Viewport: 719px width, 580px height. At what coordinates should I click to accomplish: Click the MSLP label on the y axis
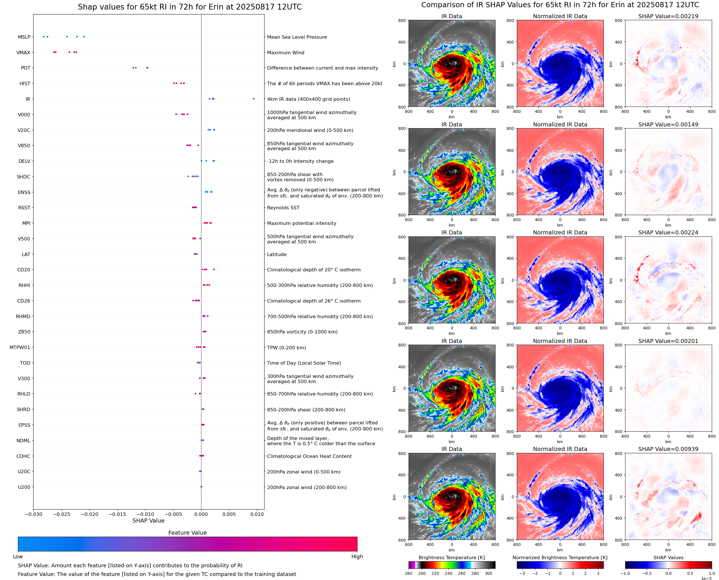pyautogui.click(x=24, y=37)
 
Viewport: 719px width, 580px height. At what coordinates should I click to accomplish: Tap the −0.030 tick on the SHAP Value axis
pyautogui.click(x=33, y=514)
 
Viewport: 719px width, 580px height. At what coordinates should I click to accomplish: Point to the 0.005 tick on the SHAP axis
pyautogui.click(x=229, y=514)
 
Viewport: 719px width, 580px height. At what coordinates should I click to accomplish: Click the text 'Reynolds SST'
pyautogui.click(x=283, y=208)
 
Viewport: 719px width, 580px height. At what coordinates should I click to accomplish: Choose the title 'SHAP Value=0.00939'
pyautogui.click(x=668, y=449)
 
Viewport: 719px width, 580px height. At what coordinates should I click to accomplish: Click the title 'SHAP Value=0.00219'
pyautogui.click(x=668, y=16)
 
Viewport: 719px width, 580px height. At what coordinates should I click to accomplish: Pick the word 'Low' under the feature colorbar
pyautogui.click(x=18, y=556)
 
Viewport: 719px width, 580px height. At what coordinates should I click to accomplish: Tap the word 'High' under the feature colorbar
pyautogui.click(x=357, y=556)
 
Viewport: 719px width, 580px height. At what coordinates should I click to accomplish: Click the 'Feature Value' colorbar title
pyautogui.click(x=187, y=533)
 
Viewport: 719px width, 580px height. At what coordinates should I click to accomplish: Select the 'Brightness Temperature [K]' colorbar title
pyautogui.click(x=451, y=557)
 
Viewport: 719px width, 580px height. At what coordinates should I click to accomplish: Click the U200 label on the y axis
pyautogui.click(x=24, y=487)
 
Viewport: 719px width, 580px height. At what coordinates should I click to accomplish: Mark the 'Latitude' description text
pyautogui.click(x=277, y=254)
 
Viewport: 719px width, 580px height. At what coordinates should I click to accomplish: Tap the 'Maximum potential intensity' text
pyautogui.click(x=301, y=223)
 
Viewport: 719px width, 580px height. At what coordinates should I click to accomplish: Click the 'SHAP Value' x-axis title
pyautogui.click(x=148, y=521)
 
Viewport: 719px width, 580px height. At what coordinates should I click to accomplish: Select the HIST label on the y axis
pyautogui.click(x=25, y=83)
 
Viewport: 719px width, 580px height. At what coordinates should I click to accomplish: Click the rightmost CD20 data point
pyautogui.click(x=214, y=269)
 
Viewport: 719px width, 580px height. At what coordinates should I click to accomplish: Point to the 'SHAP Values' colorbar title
pyautogui.click(x=668, y=557)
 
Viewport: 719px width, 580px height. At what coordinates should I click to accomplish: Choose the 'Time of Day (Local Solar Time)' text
pyautogui.click(x=304, y=363)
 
